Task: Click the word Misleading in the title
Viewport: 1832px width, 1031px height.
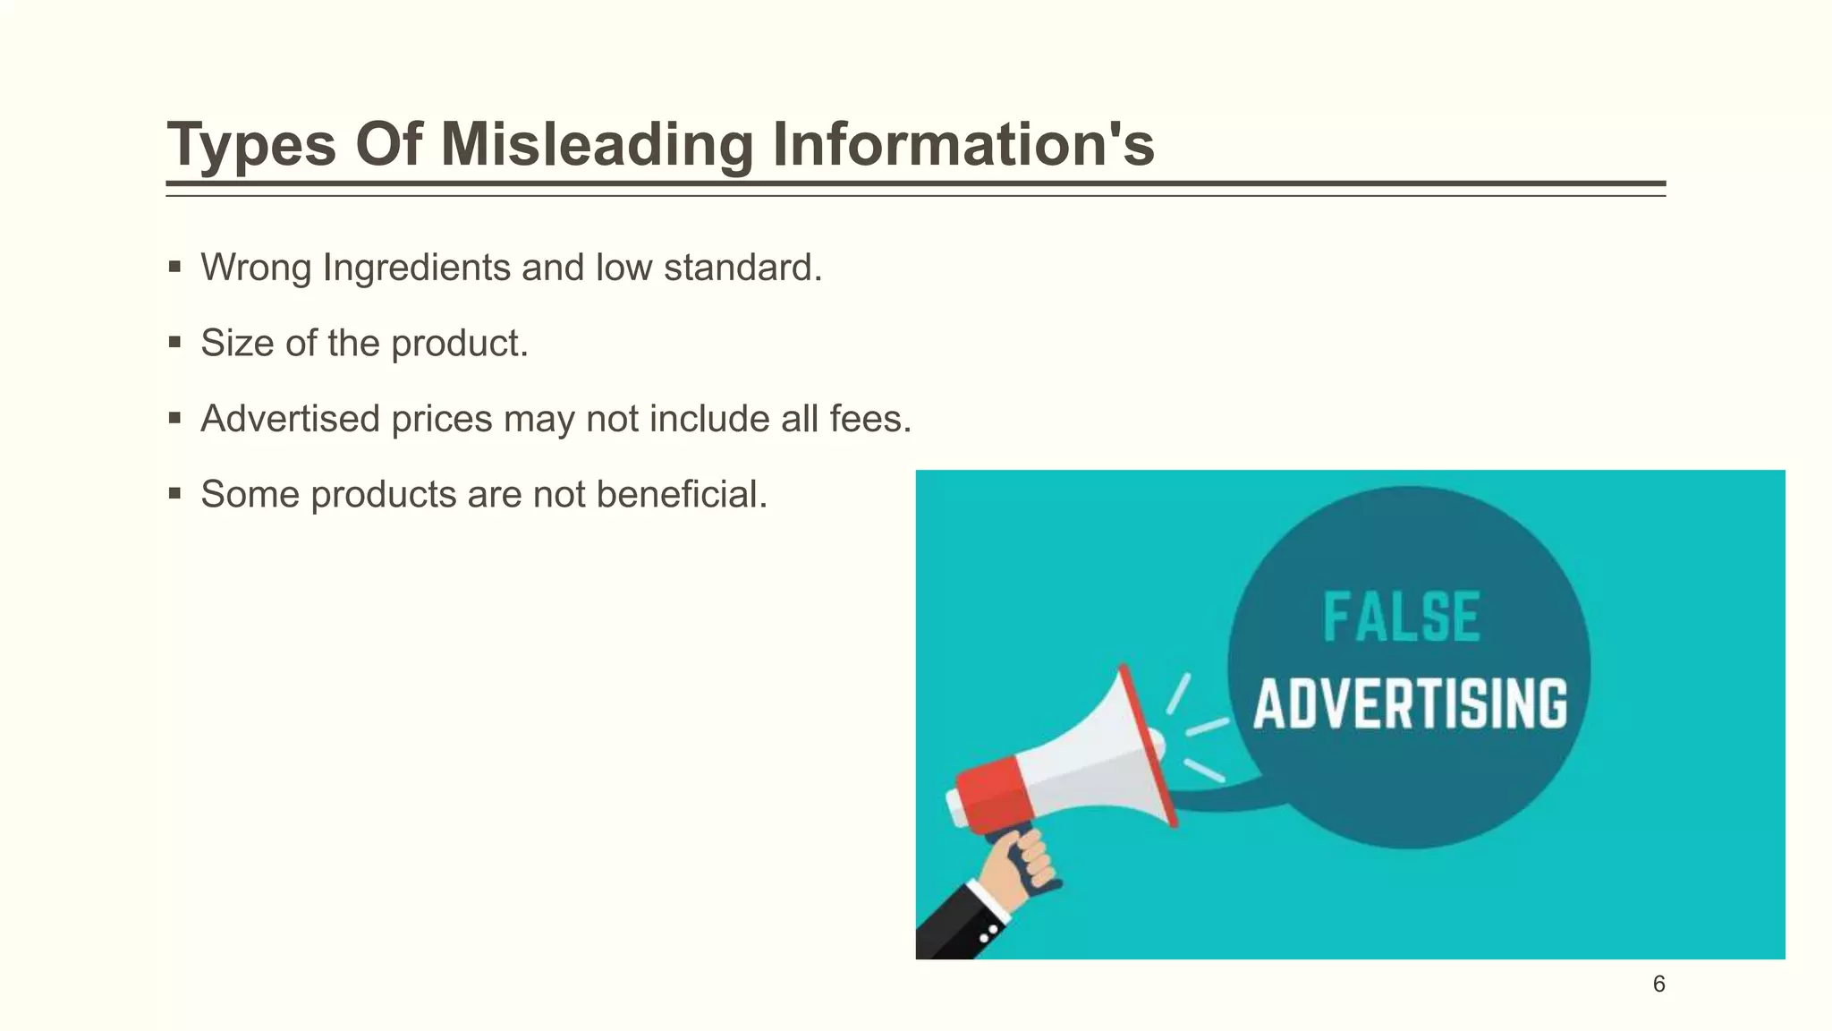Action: [597, 144]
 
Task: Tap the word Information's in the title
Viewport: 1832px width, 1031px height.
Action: [963, 144]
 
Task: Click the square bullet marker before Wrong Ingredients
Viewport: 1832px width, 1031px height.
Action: [174, 267]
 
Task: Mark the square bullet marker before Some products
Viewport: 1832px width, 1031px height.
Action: [174, 493]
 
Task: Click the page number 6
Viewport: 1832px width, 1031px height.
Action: [1658, 984]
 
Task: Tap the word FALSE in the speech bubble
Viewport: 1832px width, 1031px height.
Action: [1401, 618]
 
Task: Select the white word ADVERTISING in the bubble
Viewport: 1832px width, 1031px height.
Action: [1410, 703]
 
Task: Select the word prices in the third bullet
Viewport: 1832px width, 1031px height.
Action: [442, 420]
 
